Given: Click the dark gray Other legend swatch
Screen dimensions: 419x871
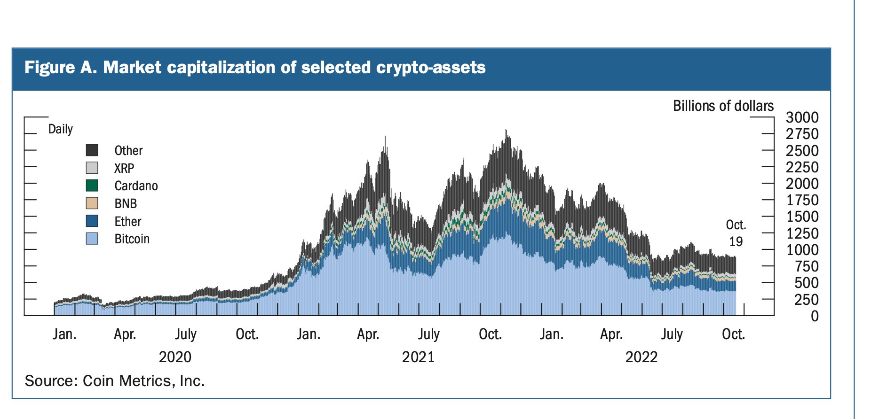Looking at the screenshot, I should (x=92, y=150).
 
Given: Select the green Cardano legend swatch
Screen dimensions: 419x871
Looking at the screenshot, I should (x=92, y=186).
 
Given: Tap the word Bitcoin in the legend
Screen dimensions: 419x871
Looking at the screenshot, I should (x=132, y=239).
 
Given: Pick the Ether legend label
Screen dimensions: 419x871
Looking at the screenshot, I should (x=127, y=221).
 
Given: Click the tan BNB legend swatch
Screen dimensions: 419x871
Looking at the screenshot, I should (x=92, y=203).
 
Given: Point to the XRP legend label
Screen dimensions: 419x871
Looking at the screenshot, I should (x=124, y=168).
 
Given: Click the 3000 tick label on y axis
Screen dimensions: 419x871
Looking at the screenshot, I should (x=802, y=117).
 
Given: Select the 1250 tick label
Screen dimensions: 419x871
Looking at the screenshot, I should (x=802, y=233).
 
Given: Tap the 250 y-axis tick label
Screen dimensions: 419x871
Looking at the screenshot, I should (x=806, y=300).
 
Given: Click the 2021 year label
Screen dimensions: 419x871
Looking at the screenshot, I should (x=418, y=357).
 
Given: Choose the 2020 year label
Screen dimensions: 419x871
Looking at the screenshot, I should (x=175, y=357).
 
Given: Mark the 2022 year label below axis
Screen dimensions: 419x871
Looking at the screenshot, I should (x=641, y=357).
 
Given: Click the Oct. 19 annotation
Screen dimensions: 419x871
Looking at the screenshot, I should (x=736, y=233).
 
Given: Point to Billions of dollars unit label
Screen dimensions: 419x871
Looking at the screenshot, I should (x=723, y=106).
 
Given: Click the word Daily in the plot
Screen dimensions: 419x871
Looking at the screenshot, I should (x=60, y=129).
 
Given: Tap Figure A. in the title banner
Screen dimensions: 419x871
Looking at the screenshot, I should (x=60, y=68).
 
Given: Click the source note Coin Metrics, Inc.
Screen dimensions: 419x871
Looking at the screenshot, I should (x=143, y=380).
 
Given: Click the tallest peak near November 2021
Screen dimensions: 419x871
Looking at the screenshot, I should (x=506, y=131).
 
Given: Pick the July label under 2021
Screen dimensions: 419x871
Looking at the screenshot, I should (x=428, y=334).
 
